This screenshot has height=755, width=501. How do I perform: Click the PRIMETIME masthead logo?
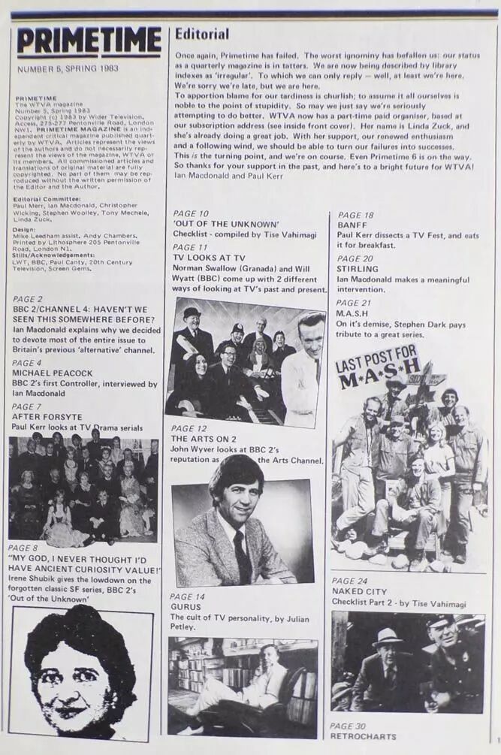coord(89,42)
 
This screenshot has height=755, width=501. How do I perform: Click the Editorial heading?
coord(202,34)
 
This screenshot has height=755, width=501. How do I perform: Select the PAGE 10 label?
coord(191,214)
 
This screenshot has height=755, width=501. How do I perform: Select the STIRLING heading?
coord(358,268)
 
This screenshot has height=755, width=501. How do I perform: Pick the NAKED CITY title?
coord(359,591)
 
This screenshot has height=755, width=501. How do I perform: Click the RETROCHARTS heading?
coord(363,736)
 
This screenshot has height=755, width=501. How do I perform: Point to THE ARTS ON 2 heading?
coord(206,438)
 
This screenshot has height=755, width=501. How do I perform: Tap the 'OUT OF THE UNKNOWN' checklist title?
coord(226,224)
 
